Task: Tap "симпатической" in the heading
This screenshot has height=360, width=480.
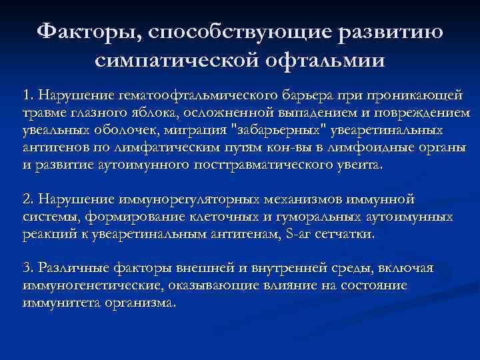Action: (175, 61)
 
